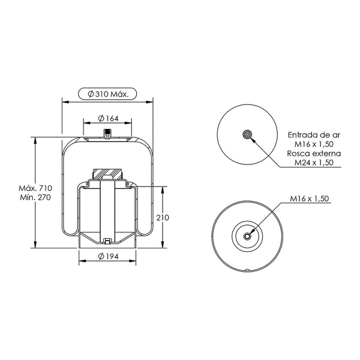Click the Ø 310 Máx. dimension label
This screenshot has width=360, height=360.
pos(108,94)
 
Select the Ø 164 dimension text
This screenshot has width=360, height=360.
pos(108,118)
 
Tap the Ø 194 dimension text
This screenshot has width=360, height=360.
pos(108,256)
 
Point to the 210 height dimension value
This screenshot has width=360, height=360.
pos(163,217)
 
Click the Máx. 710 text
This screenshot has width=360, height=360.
pos(35,188)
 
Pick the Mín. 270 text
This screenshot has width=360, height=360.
pos(35,197)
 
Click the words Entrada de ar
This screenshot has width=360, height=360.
pos(314,135)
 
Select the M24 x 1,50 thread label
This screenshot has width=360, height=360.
pos(314,163)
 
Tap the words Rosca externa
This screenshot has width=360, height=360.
pos(314,154)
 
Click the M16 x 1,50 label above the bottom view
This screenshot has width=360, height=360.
pos(309,199)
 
